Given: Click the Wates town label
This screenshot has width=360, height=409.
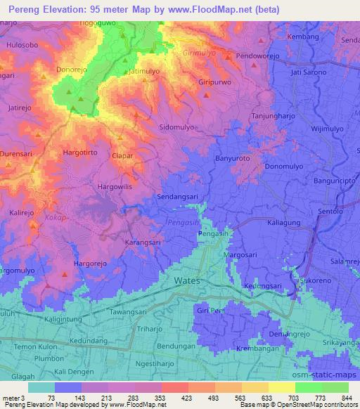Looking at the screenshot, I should (187, 280).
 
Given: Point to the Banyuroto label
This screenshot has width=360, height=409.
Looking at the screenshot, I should (233, 158).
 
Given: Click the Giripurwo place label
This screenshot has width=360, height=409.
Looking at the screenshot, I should (215, 82).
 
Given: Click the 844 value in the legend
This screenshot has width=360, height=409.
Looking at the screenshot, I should (345, 397).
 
